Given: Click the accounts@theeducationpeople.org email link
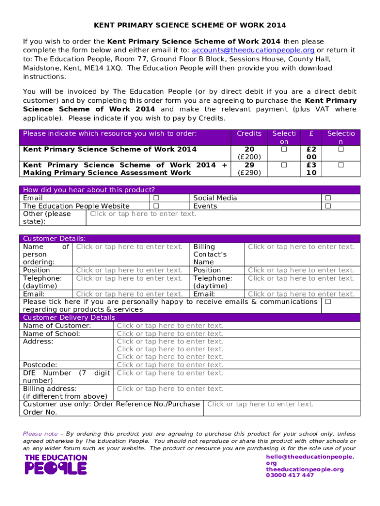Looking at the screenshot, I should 253,50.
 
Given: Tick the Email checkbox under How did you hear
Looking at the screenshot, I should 156,198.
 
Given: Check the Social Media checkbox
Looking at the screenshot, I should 328,198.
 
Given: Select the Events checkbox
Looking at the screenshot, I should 328,206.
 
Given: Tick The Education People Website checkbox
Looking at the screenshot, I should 156,206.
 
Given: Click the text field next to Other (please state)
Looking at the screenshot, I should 143,214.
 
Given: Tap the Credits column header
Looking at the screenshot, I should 249,133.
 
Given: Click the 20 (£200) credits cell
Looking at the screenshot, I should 249,153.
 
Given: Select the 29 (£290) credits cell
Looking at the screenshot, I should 249,169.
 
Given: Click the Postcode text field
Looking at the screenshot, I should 170,365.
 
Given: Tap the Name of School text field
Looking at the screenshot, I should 170,334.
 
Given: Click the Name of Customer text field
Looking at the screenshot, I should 170,326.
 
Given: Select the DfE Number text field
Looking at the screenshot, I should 170,373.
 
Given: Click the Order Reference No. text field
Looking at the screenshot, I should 260,404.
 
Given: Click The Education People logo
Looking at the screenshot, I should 56,464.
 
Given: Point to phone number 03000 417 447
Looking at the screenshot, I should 290,475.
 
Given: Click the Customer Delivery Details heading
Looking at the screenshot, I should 69,318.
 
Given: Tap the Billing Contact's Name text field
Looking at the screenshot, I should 301,247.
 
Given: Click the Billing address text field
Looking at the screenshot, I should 170,389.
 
